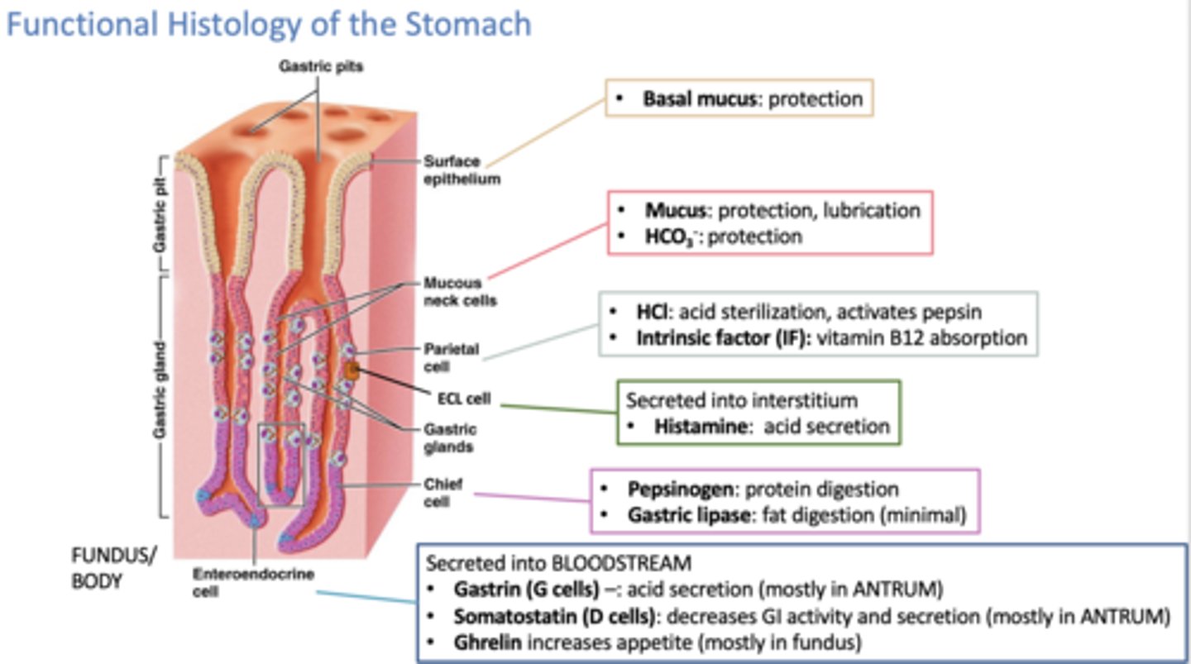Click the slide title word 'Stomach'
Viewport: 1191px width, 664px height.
point(466,24)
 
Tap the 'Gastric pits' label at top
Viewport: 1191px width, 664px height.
point(319,67)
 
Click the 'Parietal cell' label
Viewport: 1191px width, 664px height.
point(451,357)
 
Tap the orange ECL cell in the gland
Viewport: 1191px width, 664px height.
point(353,372)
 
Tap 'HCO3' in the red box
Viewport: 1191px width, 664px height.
point(670,236)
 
